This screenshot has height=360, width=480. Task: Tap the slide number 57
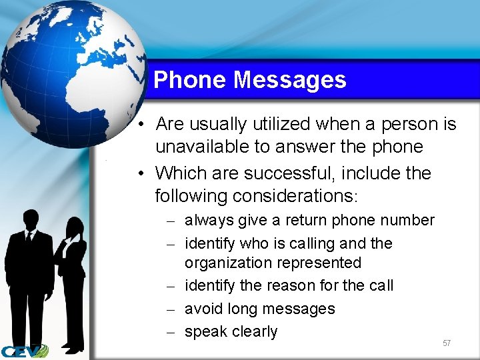tap(447, 343)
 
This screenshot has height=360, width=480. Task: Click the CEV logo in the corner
tap(24, 351)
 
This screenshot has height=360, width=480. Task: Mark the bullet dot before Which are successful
tap(142, 173)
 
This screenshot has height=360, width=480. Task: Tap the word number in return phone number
tap(407, 220)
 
